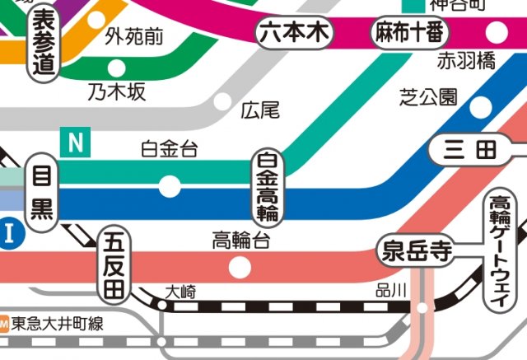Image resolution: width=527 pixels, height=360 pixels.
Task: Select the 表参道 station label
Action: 44,44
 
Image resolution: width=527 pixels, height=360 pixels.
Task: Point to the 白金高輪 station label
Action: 267,188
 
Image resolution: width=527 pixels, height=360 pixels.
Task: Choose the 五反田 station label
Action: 112,265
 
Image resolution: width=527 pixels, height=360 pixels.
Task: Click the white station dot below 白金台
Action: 170,186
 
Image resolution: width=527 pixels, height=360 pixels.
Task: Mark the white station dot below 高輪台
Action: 240,267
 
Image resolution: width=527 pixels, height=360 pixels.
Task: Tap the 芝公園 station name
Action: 427,96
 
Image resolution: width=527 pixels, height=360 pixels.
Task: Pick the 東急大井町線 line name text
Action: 57,324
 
